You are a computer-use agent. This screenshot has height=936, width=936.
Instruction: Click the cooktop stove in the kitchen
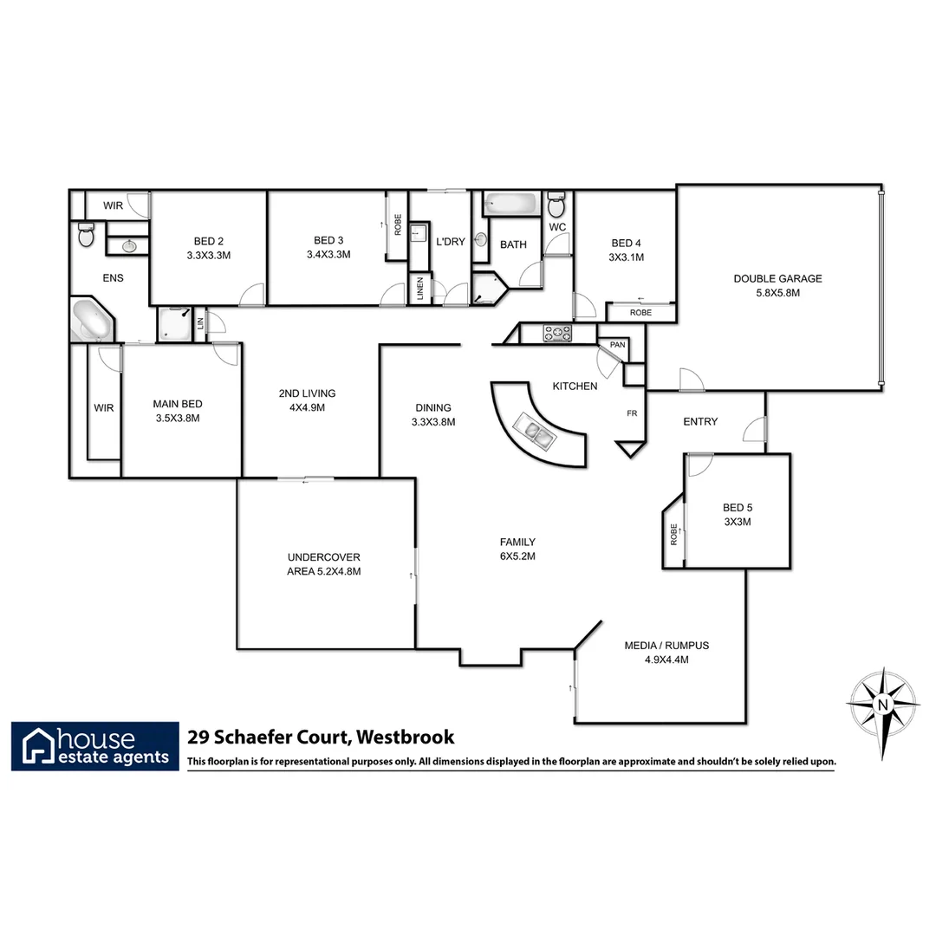coord(556,332)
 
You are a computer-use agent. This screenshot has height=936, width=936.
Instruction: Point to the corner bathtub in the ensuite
coord(91,321)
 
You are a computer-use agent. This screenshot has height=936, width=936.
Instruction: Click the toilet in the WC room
coord(556,206)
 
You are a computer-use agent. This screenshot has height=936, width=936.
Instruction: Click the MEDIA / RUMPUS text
coord(666,646)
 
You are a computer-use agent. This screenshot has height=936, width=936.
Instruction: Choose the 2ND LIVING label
coord(307,393)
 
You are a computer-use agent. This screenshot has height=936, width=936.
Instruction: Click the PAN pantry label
coord(617,345)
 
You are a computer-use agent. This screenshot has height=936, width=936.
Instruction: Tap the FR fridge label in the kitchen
coord(632,413)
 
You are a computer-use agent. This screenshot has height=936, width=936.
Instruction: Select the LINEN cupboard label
coord(419,287)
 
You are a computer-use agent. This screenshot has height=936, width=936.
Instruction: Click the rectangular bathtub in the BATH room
coord(510,205)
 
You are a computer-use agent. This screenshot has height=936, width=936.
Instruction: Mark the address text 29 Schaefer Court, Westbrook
coord(321,738)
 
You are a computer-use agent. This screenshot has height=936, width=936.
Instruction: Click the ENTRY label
coord(700,421)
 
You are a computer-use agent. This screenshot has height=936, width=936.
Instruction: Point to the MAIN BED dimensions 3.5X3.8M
coord(177,418)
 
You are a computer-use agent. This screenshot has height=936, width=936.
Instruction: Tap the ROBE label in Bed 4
coord(640,312)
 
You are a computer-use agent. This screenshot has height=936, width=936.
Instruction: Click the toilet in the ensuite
coord(85,234)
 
